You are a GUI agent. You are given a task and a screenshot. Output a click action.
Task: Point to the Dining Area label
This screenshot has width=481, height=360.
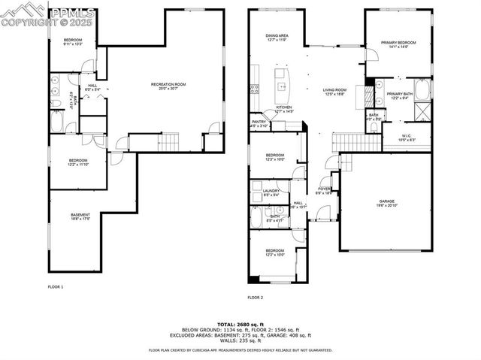pos(277,38)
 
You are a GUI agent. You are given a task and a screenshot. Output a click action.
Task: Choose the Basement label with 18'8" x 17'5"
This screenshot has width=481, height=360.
pos(80,218)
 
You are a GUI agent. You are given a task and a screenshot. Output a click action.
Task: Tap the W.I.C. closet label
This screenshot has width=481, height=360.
pos(407,138)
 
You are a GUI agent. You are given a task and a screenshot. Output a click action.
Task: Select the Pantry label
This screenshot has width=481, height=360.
pos(259,123)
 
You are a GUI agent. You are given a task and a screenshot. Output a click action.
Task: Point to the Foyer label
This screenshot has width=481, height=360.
pos(325,191)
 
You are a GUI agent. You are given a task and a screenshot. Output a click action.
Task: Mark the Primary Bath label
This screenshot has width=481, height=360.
pos(397,95)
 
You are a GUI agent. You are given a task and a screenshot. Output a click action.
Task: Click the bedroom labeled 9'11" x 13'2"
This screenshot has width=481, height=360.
pos(72,41)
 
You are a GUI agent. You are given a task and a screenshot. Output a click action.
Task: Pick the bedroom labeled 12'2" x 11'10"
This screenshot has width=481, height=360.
pos(79,162)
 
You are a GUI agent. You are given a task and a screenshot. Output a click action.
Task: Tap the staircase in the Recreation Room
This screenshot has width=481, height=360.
pos(170,141)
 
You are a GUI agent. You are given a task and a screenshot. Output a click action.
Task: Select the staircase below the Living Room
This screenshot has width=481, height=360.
pos(349,141)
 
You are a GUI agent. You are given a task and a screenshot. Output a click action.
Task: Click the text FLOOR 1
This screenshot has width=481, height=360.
pos(56,286)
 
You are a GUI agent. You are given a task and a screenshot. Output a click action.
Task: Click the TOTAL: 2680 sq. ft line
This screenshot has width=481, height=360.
pos(240,323)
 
